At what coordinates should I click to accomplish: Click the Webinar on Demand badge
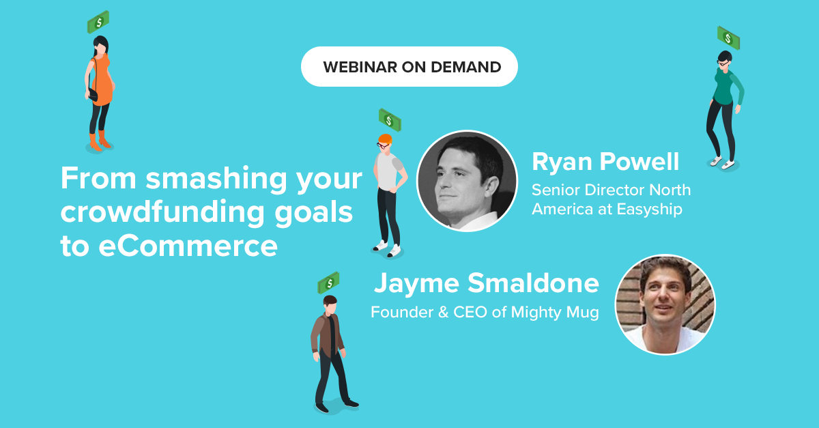(x=409, y=67)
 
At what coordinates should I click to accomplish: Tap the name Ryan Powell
(x=605, y=162)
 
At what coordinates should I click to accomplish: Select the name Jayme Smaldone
(x=486, y=283)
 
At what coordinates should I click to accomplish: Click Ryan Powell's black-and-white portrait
(x=468, y=181)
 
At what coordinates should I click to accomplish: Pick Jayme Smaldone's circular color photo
(x=665, y=304)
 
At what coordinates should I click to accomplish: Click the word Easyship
(x=649, y=210)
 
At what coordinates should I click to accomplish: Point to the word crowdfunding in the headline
(x=162, y=212)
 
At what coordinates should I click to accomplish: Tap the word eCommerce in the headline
(x=188, y=246)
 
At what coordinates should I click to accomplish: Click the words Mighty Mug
(x=555, y=313)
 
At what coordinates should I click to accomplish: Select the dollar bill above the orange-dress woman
(x=98, y=22)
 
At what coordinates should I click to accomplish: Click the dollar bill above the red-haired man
(x=390, y=119)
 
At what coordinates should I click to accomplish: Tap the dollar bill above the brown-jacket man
(x=328, y=283)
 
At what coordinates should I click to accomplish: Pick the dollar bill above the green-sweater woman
(x=728, y=38)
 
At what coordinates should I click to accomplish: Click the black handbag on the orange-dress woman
(x=94, y=94)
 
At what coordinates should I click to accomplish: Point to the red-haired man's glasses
(x=382, y=145)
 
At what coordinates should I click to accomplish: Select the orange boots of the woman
(x=100, y=141)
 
